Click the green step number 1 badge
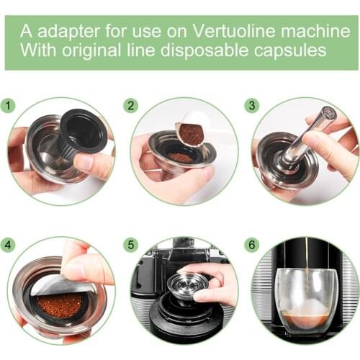point(10,106)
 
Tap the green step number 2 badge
point(130,106)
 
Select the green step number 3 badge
point(251,106)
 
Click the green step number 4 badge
point(10,244)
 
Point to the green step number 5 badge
point(130,244)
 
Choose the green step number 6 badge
point(251,244)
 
